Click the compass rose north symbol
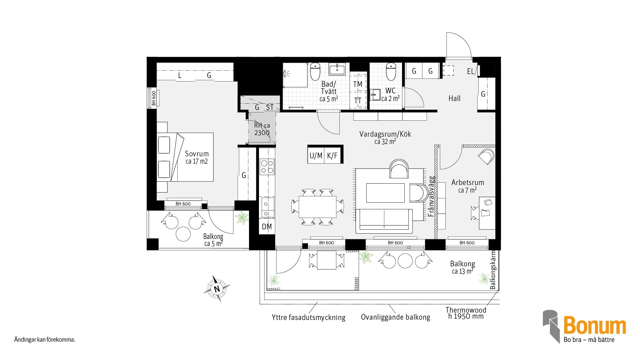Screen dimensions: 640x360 [217, 289]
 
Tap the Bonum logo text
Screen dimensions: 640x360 [595, 326]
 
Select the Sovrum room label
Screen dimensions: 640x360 [197, 154]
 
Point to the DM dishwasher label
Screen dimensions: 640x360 [267, 227]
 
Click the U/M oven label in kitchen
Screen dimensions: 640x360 [316, 156]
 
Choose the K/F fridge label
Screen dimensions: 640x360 [332, 156]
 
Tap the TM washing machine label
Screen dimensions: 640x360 [358, 84]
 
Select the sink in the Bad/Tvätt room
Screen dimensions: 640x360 [337, 69]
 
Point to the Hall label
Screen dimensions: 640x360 [454, 98]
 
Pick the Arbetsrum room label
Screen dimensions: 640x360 [468, 182]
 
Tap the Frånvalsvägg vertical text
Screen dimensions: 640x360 [431, 197]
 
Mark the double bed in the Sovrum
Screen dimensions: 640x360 [185, 157]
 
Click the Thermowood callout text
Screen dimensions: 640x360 [466, 310]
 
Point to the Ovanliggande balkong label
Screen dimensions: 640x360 [395, 317]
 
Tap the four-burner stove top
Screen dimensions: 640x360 [267, 167]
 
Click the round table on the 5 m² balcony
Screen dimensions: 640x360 [183, 234]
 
